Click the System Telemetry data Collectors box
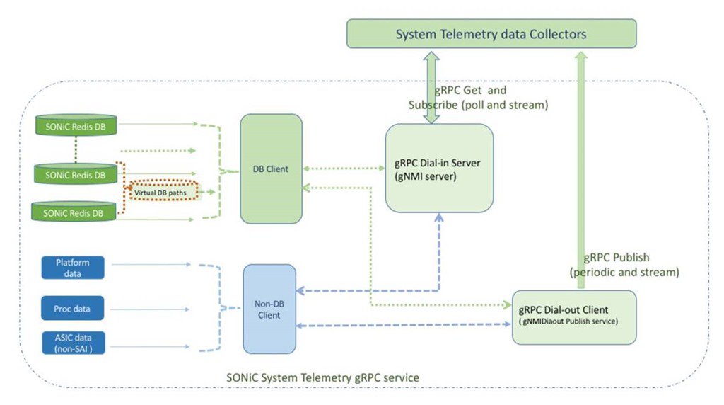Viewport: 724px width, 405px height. click(x=491, y=34)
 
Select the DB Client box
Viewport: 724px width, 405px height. click(x=271, y=169)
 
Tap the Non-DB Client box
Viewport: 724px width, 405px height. click(x=269, y=309)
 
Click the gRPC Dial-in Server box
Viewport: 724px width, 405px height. click(x=438, y=168)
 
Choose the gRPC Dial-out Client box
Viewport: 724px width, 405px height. click(x=573, y=316)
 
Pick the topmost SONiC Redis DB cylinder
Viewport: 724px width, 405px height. click(x=75, y=127)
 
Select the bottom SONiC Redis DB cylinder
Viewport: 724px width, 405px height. click(x=75, y=212)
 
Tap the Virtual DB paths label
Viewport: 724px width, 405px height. click(x=162, y=190)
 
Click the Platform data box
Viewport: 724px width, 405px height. click(x=72, y=267)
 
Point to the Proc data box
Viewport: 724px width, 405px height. click(x=72, y=308)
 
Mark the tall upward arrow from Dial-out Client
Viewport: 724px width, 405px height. click(x=580, y=170)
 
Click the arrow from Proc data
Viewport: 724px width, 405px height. click(x=151, y=308)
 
